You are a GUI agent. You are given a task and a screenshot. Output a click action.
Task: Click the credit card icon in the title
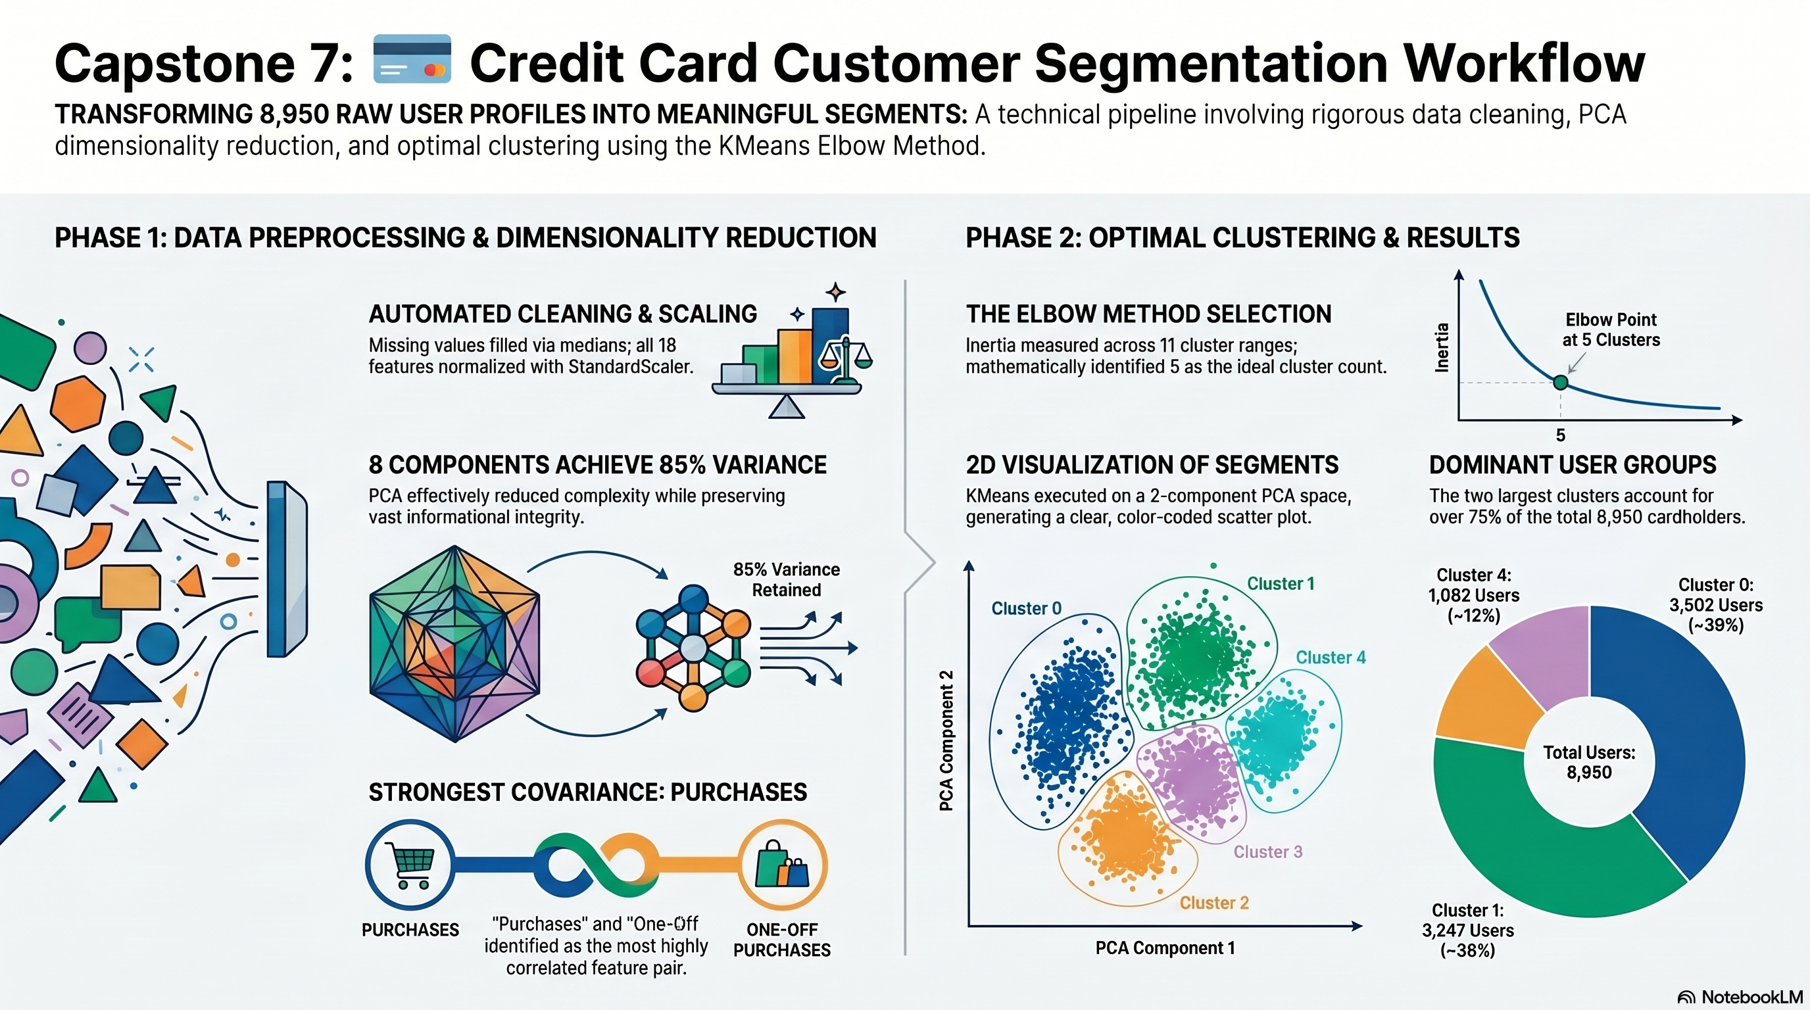(x=412, y=59)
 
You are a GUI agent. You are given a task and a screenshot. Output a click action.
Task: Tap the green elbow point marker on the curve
(x=1561, y=382)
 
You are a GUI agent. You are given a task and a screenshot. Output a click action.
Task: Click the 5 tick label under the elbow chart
(x=1561, y=435)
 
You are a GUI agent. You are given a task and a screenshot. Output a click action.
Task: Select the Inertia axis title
(x=1442, y=347)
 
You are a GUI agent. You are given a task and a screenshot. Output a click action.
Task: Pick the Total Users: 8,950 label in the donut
(x=1590, y=762)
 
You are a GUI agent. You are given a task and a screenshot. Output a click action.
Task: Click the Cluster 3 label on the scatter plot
(x=1268, y=852)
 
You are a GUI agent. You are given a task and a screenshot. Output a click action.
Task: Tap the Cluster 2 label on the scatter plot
(x=1214, y=903)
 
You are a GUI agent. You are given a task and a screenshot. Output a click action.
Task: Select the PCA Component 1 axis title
(x=1165, y=948)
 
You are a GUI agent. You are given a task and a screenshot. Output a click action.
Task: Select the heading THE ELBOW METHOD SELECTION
(x=1148, y=314)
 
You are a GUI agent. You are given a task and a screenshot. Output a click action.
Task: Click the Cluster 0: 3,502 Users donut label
(x=1716, y=605)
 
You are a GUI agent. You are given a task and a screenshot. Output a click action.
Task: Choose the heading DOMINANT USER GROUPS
(x=1573, y=465)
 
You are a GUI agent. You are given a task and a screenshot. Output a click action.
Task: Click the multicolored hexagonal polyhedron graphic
(x=454, y=643)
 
